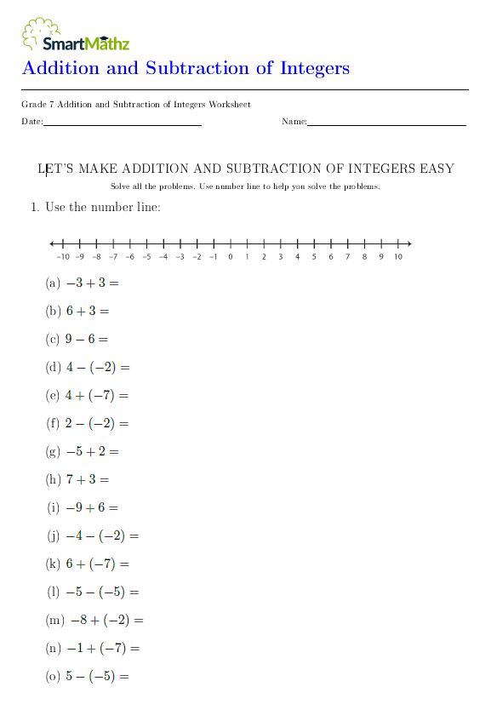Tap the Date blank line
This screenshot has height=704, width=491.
pos(122,124)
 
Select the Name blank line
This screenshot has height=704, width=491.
pos(386,124)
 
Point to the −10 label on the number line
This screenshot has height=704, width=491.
pos(62,256)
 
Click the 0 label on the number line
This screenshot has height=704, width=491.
pos(230,256)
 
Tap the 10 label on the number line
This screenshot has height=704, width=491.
pos(397,256)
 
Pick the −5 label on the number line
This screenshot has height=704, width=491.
pos(146,256)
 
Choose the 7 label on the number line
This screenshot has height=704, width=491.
pos(347,256)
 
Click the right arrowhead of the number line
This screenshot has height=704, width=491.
pos(409,243)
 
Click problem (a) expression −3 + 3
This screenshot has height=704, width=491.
pos(93,283)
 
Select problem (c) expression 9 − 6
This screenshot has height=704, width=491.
pos(87,339)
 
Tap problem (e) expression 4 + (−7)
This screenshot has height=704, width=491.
pos(96,395)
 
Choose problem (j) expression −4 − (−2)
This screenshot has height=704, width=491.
pos(101,535)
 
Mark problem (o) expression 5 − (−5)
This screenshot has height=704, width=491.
pos(96,677)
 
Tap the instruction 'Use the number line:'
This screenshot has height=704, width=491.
pos(103,207)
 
